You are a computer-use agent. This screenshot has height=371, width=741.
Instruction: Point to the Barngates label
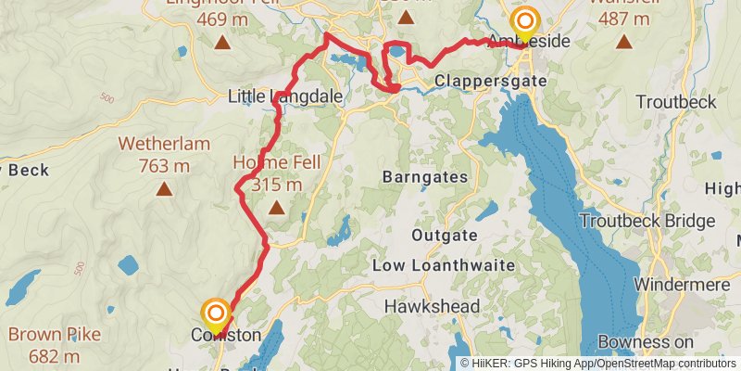pos(427,176)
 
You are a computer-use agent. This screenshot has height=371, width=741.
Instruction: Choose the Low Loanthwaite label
pos(444,266)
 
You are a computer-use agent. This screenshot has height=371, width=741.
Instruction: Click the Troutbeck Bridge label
pos(647,221)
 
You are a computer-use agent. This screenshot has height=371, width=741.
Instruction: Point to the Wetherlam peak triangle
pos(164,190)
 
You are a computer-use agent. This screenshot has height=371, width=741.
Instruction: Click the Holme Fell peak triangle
pos(276,209)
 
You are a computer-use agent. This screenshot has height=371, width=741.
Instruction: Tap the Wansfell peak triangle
pos(624,41)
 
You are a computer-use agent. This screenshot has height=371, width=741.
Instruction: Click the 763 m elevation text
pos(164,166)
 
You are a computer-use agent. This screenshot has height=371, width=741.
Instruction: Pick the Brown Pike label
pos(54,334)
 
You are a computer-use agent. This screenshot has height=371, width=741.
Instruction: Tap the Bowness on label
pos(647,342)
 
